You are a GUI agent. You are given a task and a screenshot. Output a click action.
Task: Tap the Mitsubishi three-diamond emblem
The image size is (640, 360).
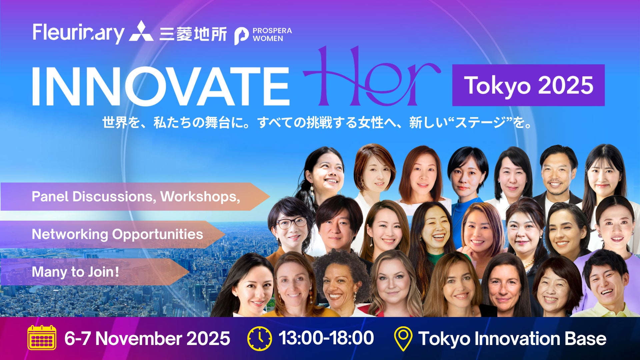141,31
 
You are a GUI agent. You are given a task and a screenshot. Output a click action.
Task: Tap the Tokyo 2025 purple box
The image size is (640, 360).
528,85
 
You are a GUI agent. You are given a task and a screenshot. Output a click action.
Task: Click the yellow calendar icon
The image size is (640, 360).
42,337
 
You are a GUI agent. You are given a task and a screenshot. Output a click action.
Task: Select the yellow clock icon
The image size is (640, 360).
260,338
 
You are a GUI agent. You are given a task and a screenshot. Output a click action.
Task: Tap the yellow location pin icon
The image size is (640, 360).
403,338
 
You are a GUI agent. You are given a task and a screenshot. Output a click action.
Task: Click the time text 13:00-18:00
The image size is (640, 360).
326,338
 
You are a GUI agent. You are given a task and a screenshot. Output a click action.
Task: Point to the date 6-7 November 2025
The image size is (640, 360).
147,338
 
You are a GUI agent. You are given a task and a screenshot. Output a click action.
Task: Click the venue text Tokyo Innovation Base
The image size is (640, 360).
512,339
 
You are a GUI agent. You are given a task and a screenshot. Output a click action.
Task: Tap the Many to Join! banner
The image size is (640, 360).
95,272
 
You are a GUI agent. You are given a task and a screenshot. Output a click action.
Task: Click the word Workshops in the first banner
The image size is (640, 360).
200,197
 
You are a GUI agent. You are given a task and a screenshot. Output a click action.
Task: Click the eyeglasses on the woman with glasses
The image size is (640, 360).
291,223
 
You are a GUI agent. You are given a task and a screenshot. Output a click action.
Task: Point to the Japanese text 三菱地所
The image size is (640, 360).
193,34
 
